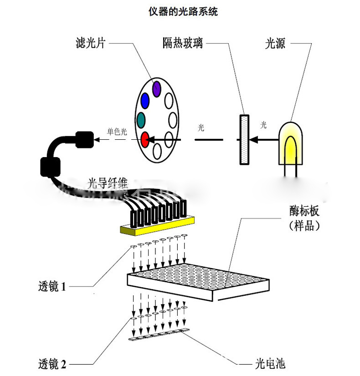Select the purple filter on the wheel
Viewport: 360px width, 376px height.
point(157,87)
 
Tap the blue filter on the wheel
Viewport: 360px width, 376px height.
point(145,100)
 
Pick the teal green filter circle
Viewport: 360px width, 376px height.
point(142,120)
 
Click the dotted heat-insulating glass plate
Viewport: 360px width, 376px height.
point(245,139)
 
